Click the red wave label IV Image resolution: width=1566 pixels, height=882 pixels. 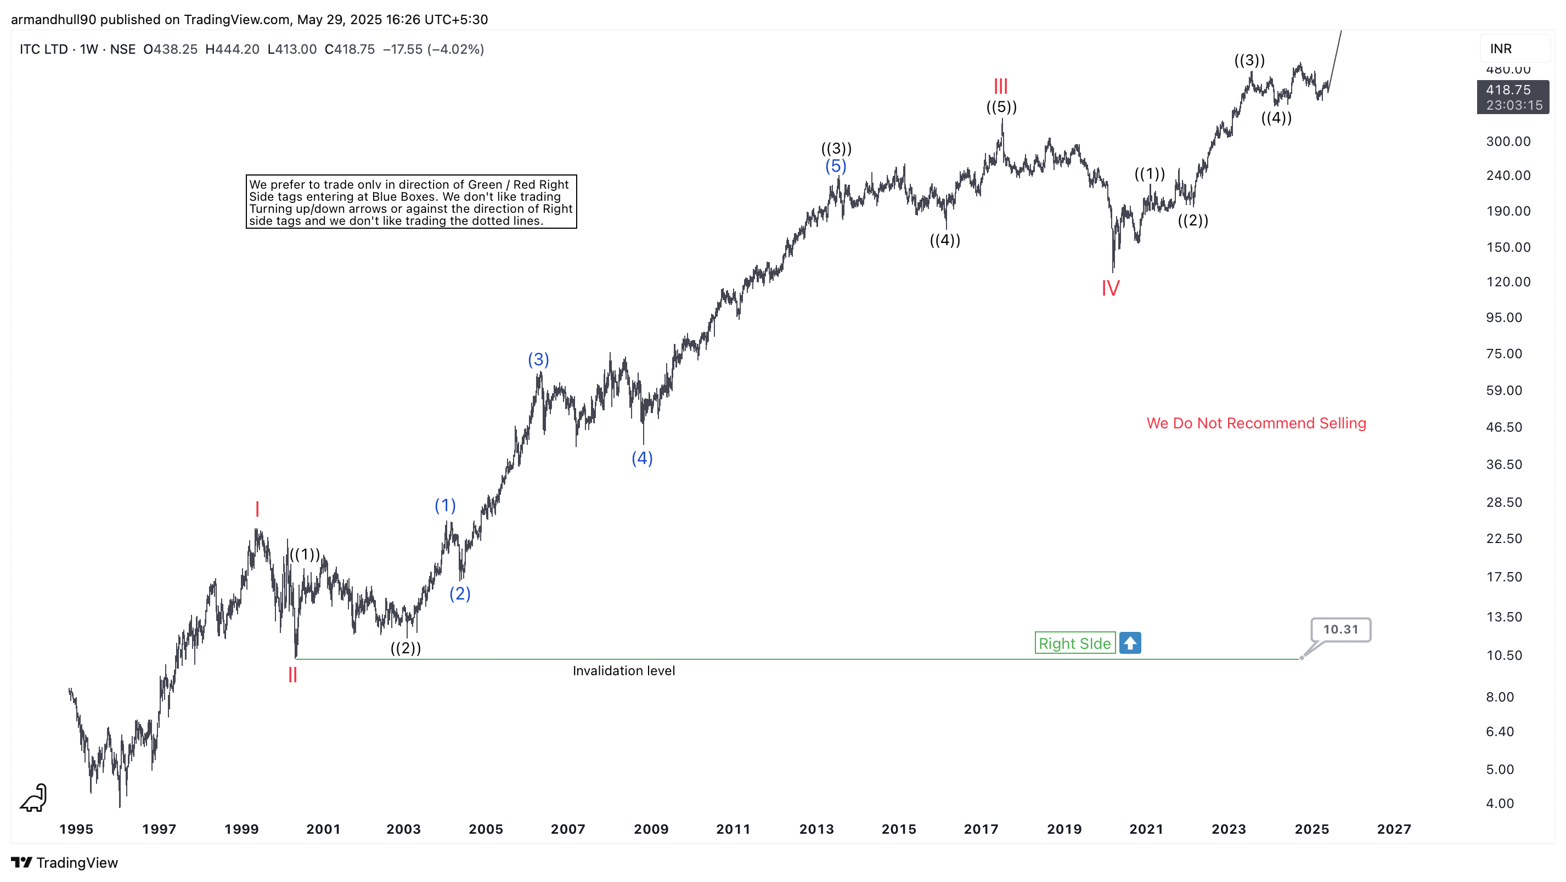pos(1110,288)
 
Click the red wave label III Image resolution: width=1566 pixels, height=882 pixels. pos(1001,86)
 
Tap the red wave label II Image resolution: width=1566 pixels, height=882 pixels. pos(292,675)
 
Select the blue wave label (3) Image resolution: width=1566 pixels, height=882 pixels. pos(538,359)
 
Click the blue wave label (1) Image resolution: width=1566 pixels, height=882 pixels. pos(445,505)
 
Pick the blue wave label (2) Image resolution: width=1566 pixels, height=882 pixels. pos(460,593)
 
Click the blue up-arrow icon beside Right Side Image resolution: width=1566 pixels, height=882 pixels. pos(1130,642)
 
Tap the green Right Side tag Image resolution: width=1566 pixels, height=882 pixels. pos(1074,643)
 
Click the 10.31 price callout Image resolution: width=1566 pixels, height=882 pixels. pos(1340,629)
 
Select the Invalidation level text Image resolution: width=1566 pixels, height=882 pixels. pos(623,670)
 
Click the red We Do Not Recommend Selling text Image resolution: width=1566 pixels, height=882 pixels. pos(1256,423)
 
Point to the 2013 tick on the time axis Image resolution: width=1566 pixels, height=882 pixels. pos(816,829)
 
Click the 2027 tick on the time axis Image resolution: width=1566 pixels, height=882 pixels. pos(1393,829)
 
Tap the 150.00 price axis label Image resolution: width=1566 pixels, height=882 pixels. pos(1508,247)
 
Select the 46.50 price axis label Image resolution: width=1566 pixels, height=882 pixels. pos(1503,427)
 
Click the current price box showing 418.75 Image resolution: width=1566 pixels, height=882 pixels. pos(1513,97)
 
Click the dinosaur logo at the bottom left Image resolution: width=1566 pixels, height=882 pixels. pos(34,798)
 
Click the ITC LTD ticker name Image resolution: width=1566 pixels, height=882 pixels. pos(43,49)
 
